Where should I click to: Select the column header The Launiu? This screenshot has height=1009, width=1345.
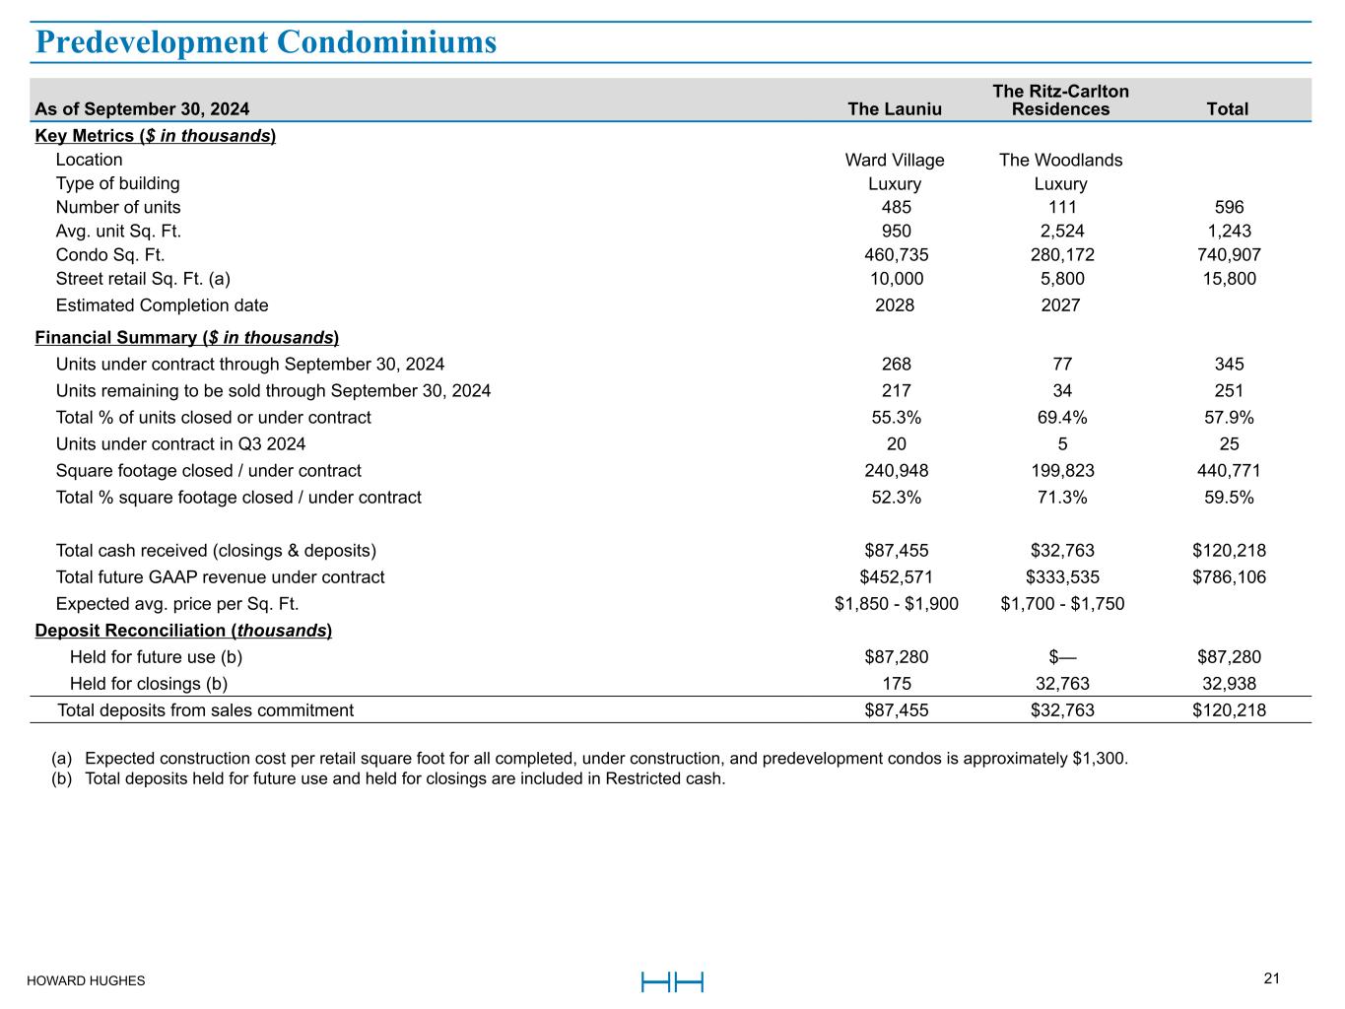tap(895, 109)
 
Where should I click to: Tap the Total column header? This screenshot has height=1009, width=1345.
tap(1228, 109)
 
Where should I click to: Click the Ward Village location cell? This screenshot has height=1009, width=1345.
tap(895, 160)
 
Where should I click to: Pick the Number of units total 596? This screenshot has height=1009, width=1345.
tap(1229, 207)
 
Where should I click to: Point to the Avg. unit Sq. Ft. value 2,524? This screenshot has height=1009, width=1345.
tap(1061, 231)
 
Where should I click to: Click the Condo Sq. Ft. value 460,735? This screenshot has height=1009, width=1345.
tap(896, 254)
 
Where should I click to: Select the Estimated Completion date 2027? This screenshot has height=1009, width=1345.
tap(1061, 304)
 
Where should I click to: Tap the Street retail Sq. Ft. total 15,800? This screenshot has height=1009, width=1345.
tap(1229, 279)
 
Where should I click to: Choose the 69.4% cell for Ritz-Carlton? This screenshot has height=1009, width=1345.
tap(1061, 417)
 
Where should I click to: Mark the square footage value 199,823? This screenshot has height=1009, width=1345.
tap(1061, 470)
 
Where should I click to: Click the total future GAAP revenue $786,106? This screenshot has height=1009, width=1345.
tap(1229, 576)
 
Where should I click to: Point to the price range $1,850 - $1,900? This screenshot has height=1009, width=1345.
tap(896, 603)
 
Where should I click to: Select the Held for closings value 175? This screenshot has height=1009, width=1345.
tap(896, 683)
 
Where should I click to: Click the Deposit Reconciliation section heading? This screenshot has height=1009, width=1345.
tap(183, 630)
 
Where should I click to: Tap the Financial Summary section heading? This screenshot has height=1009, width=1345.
tap(187, 337)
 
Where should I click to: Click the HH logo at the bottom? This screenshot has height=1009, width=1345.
tap(672, 981)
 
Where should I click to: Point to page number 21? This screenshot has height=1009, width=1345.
tap(1271, 978)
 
